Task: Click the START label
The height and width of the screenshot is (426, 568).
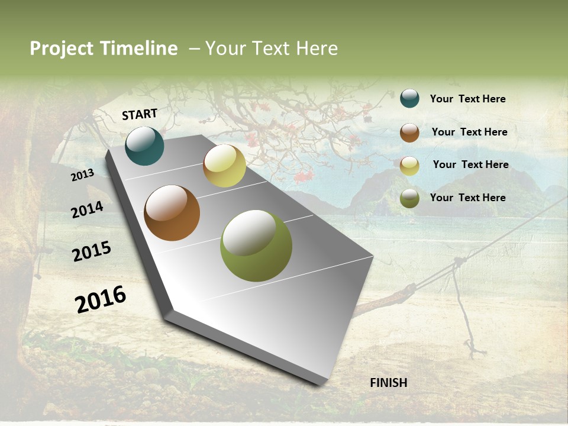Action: click(140, 114)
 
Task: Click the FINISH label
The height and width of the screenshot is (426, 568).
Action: click(389, 383)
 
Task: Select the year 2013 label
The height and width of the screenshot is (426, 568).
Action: click(82, 175)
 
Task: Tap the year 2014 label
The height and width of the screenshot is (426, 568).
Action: click(88, 209)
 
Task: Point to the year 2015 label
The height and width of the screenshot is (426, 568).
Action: click(92, 251)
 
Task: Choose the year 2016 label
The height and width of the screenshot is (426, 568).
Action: click(101, 299)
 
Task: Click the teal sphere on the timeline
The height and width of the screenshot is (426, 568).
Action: click(144, 146)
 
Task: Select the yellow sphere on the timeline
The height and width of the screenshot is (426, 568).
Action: click(224, 166)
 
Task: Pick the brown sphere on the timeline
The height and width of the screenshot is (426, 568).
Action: click(172, 213)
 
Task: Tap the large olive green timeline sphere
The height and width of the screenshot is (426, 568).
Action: click(256, 246)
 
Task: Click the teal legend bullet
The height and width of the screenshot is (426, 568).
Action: click(409, 99)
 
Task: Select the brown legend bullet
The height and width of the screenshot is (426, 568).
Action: click(409, 133)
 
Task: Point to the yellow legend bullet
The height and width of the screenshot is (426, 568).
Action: click(409, 166)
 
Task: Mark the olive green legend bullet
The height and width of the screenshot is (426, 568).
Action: click(409, 198)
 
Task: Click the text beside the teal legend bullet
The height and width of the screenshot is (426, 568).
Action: click(467, 99)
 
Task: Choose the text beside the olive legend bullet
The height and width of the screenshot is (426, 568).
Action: click(467, 198)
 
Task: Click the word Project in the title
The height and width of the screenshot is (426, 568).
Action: click(62, 49)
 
